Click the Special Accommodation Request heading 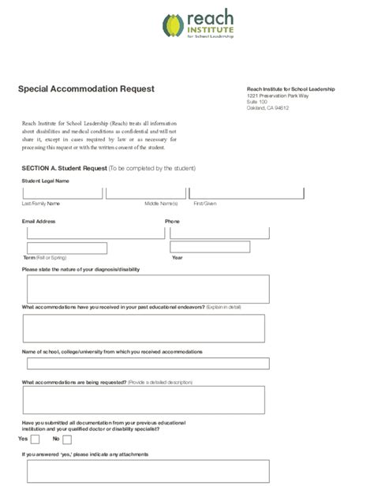click(86, 89)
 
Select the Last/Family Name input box click(62, 193)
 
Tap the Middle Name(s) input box click(145, 193)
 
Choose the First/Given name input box click(246, 193)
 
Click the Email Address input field click(91, 233)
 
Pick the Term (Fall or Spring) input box click(66, 248)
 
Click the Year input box click(210, 247)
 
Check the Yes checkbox click(36, 439)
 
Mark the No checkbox click(67, 439)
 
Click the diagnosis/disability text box click(148, 289)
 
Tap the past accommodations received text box click(144, 328)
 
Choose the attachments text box click(148, 471)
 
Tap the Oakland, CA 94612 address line click(267, 108)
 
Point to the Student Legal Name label click(46, 181)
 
